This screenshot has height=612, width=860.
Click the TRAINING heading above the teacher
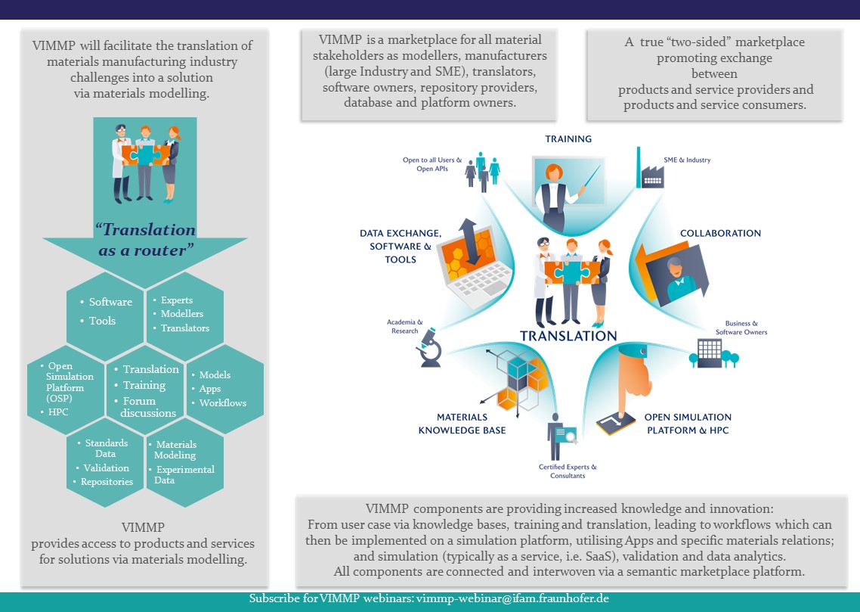568,139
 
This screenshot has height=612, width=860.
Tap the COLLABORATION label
720,233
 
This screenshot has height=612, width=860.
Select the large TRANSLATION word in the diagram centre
568,336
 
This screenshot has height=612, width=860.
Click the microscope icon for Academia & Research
430,347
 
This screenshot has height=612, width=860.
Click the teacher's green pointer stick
592,177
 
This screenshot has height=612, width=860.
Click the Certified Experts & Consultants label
568,471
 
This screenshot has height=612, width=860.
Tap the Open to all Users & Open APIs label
432,164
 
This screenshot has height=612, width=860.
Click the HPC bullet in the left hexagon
54,412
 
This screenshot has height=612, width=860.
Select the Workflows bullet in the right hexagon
219,402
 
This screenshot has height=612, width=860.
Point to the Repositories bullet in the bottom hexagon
104,481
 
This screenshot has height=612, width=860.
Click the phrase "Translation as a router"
145,239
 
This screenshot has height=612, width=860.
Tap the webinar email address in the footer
512,598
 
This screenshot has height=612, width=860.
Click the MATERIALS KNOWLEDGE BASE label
462,424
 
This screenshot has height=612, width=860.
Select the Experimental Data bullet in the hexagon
183,474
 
